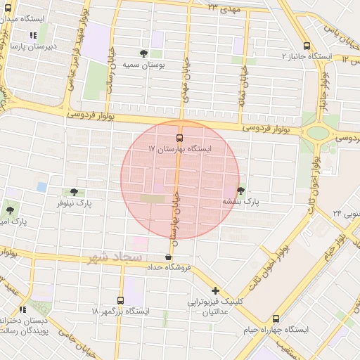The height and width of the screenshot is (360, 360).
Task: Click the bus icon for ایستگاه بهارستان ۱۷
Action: pyautogui.click(x=179, y=138)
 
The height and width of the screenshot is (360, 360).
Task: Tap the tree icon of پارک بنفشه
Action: pyautogui.click(x=241, y=191)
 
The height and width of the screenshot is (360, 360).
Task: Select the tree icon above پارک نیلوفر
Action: pyautogui.click(x=75, y=191)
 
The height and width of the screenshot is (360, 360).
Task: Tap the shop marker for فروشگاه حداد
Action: pyautogui.click(x=167, y=257)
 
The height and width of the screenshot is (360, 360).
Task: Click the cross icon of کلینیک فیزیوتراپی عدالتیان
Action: pyautogui.click(x=215, y=290)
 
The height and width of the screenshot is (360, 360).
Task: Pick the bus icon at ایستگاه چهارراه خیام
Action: pyautogui.click(x=276, y=319)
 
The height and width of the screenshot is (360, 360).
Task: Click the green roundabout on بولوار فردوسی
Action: pyautogui.click(x=318, y=132)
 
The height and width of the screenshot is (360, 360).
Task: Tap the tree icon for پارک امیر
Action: pyautogui.click(x=10, y=210)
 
